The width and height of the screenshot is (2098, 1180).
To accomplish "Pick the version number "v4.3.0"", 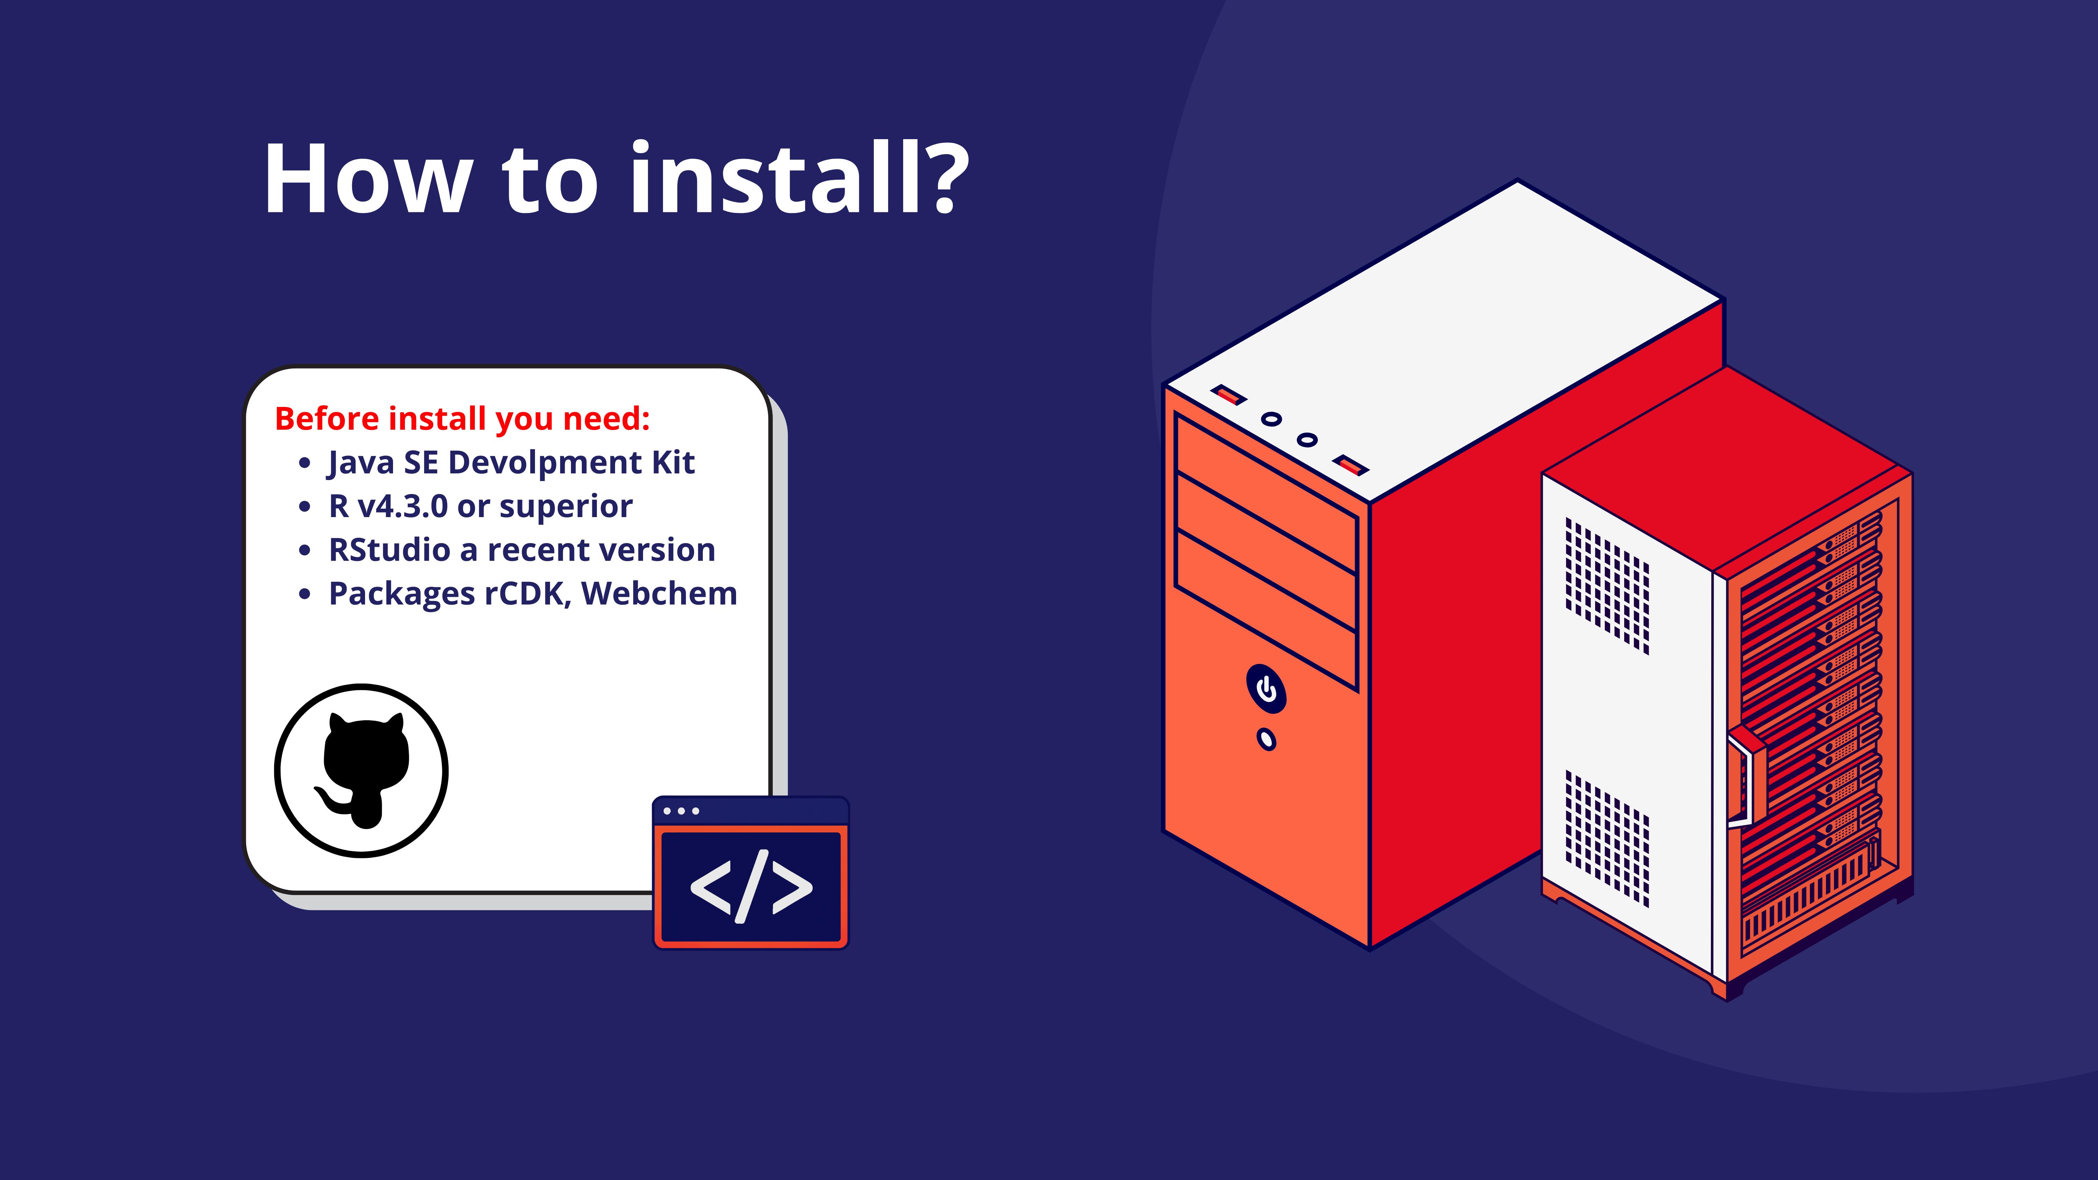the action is click(402, 506).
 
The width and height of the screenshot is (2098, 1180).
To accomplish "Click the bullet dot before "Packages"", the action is click(305, 594).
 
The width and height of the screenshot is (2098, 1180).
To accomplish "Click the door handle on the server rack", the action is click(1743, 778).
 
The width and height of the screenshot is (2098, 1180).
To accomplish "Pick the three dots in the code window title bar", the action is click(681, 811).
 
